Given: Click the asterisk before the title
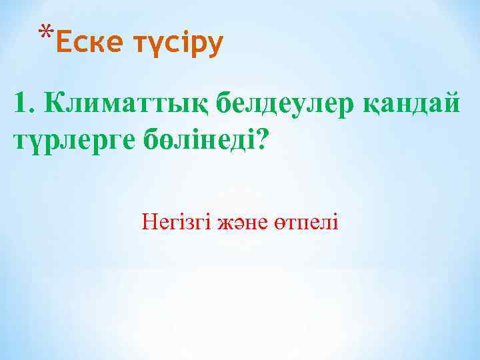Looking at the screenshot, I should [45, 33].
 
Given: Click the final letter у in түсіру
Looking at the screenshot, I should [214, 47].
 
